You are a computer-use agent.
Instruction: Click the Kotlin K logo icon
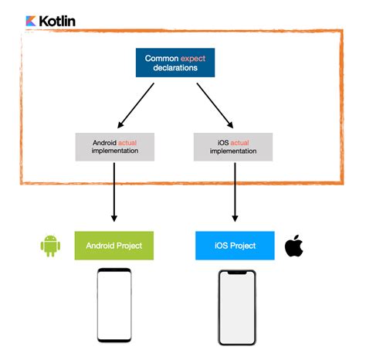[x=32, y=20]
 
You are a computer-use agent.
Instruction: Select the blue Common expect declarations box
[x=175, y=63]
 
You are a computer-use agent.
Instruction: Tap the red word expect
[x=193, y=58]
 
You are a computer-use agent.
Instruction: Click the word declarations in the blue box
[x=175, y=68]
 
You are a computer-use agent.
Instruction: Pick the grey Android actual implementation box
[x=115, y=147]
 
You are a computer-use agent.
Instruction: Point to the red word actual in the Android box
[x=132, y=142]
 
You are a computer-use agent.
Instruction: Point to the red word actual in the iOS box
[x=241, y=142]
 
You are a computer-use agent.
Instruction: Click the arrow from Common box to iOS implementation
[x=214, y=104]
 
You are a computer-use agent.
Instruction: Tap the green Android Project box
[x=114, y=245]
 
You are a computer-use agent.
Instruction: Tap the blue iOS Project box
[x=236, y=245]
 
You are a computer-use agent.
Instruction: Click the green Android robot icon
[x=51, y=246]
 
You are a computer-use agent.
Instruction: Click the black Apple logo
[x=293, y=246]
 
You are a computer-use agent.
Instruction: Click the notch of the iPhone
[x=236, y=273]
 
